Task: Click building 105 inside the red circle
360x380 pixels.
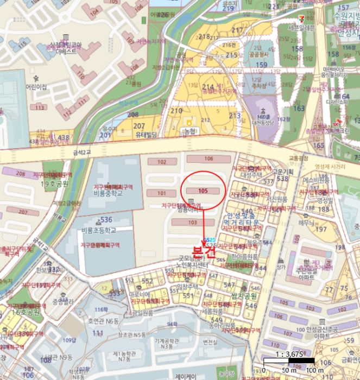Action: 203,191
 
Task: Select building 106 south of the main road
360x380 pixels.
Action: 209,159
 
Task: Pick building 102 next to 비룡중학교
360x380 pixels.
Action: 161,162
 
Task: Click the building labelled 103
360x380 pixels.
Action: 192,223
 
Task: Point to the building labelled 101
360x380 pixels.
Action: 161,193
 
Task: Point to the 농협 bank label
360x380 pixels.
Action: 190,132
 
